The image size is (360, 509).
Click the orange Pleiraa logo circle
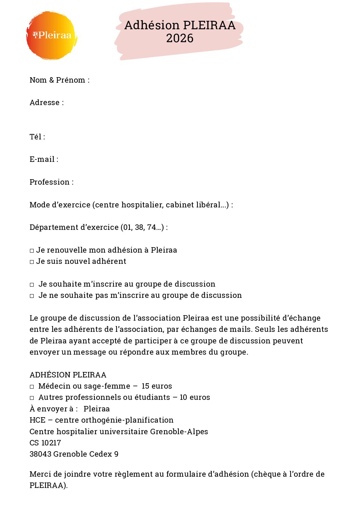pos(52,35)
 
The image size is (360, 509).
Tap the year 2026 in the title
pos(180,38)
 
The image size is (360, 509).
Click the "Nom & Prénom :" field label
pos(59,80)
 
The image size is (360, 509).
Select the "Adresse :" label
pos(47,103)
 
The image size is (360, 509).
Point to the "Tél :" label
pos(37,137)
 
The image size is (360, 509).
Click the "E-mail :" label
pos(44,159)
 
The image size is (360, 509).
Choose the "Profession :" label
pos(51,182)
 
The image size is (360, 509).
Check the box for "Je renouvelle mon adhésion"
pos(32,251)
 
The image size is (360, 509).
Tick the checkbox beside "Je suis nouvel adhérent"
pos(32,262)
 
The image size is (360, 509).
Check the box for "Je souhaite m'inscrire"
pos(32,285)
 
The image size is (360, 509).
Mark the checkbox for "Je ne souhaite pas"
pos(32,296)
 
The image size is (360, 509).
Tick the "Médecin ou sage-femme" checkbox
pos(32,387)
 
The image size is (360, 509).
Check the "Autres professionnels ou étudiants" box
pos(32,398)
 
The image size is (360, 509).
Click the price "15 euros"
pos(157,386)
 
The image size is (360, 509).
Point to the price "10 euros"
pos(195,397)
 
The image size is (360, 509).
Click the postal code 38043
pos(40,454)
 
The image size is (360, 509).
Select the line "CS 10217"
pos(45,443)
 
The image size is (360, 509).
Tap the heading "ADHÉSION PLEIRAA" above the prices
pos(68,375)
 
